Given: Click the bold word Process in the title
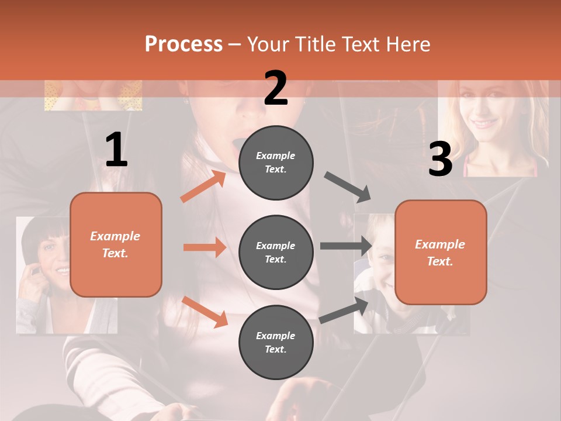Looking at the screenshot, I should [183, 44].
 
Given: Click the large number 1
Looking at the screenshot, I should [116, 150].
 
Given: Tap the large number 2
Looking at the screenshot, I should [276, 88].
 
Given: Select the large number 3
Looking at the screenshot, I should [440, 160].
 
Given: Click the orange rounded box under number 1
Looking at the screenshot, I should [116, 244].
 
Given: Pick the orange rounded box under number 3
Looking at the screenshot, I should [441, 252].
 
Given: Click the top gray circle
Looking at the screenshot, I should [276, 162].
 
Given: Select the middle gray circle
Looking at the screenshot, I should [276, 252].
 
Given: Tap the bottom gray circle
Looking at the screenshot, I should [276, 342].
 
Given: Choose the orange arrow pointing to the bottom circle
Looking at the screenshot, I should [205, 311].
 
